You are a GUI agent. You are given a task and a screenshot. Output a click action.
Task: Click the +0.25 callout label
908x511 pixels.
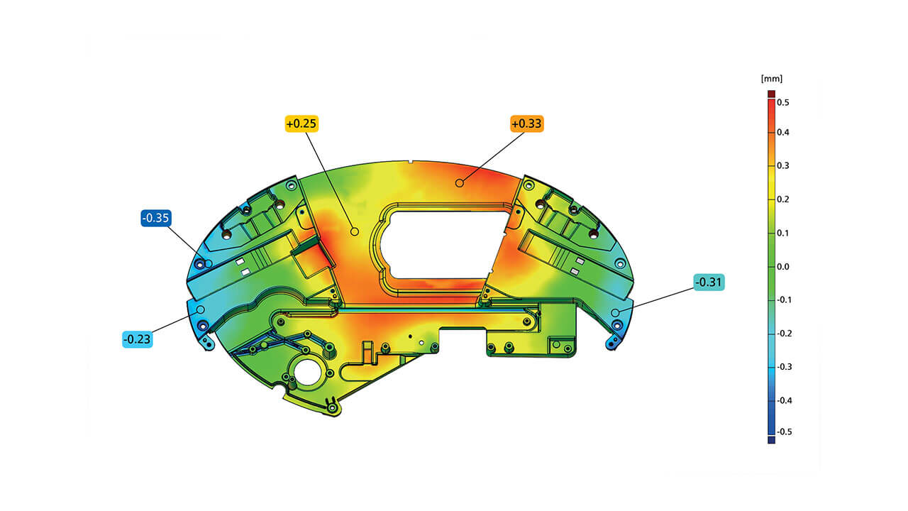click(x=301, y=123)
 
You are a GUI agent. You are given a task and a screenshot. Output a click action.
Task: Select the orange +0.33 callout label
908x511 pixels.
click(x=526, y=123)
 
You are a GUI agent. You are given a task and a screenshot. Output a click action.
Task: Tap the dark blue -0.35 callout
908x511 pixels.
click(x=156, y=218)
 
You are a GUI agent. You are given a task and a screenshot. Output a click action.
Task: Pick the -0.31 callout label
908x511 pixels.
click(x=709, y=282)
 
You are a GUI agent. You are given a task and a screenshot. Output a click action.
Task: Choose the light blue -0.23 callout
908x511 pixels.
click(x=138, y=339)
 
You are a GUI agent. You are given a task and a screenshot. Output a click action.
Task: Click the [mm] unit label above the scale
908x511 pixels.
click(x=772, y=79)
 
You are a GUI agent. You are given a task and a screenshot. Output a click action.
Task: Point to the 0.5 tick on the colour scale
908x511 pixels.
click(x=783, y=103)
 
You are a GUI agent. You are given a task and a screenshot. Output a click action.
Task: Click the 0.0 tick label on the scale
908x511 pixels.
click(x=783, y=266)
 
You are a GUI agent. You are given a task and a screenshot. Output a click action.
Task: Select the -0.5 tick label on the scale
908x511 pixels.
click(x=785, y=432)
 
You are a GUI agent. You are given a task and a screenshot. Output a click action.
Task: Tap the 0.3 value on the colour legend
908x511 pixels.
click(x=783, y=165)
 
